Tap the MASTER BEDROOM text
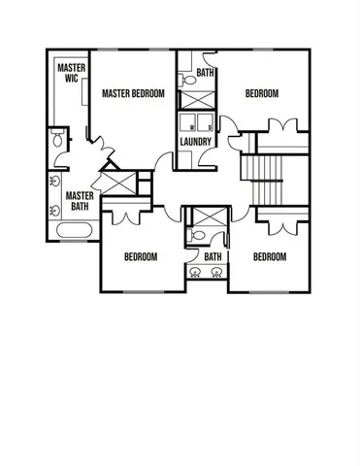click(x=133, y=94)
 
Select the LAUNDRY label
click(x=196, y=143)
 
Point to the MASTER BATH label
click(x=80, y=201)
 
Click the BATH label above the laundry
click(x=206, y=73)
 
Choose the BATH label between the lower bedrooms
click(x=213, y=257)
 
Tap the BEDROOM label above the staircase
click(x=261, y=94)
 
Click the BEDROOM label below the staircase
click(x=270, y=257)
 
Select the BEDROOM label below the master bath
click(x=141, y=257)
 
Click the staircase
click(x=262, y=180)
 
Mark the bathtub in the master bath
click(x=76, y=232)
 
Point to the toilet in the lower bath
click(x=198, y=235)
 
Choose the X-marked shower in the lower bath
click(x=206, y=216)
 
